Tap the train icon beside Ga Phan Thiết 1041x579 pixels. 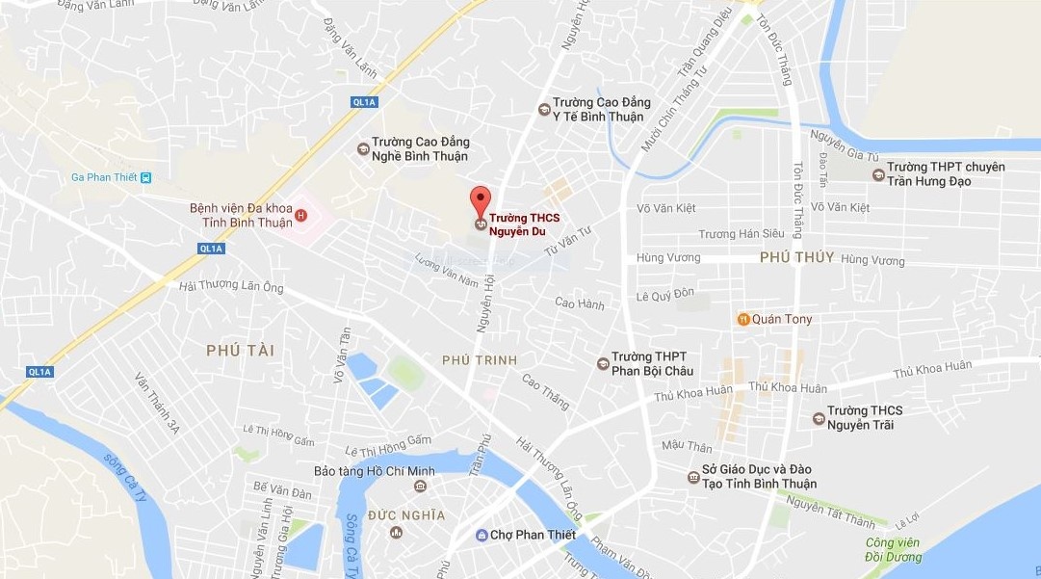pos(145,177)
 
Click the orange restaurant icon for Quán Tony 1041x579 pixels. pos(742,319)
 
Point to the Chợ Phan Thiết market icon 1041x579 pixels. pos(481,536)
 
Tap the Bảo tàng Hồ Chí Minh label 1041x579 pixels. pos(375,471)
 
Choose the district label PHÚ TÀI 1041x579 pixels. pos(240,352)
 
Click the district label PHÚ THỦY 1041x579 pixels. pos(796,257)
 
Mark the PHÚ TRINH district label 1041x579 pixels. pos(479,360)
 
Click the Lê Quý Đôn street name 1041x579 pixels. pos(665,297)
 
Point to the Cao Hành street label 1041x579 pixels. pos(580,304)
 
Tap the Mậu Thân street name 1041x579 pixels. pos(687,447)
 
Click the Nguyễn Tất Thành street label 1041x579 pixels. pos(831,511)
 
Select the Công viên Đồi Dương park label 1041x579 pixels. pos(893,550)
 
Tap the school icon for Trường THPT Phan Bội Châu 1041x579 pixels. pos(603,363)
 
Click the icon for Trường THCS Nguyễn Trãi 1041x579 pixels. pos(819,417)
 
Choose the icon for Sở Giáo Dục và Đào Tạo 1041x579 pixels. pos(692,477)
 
